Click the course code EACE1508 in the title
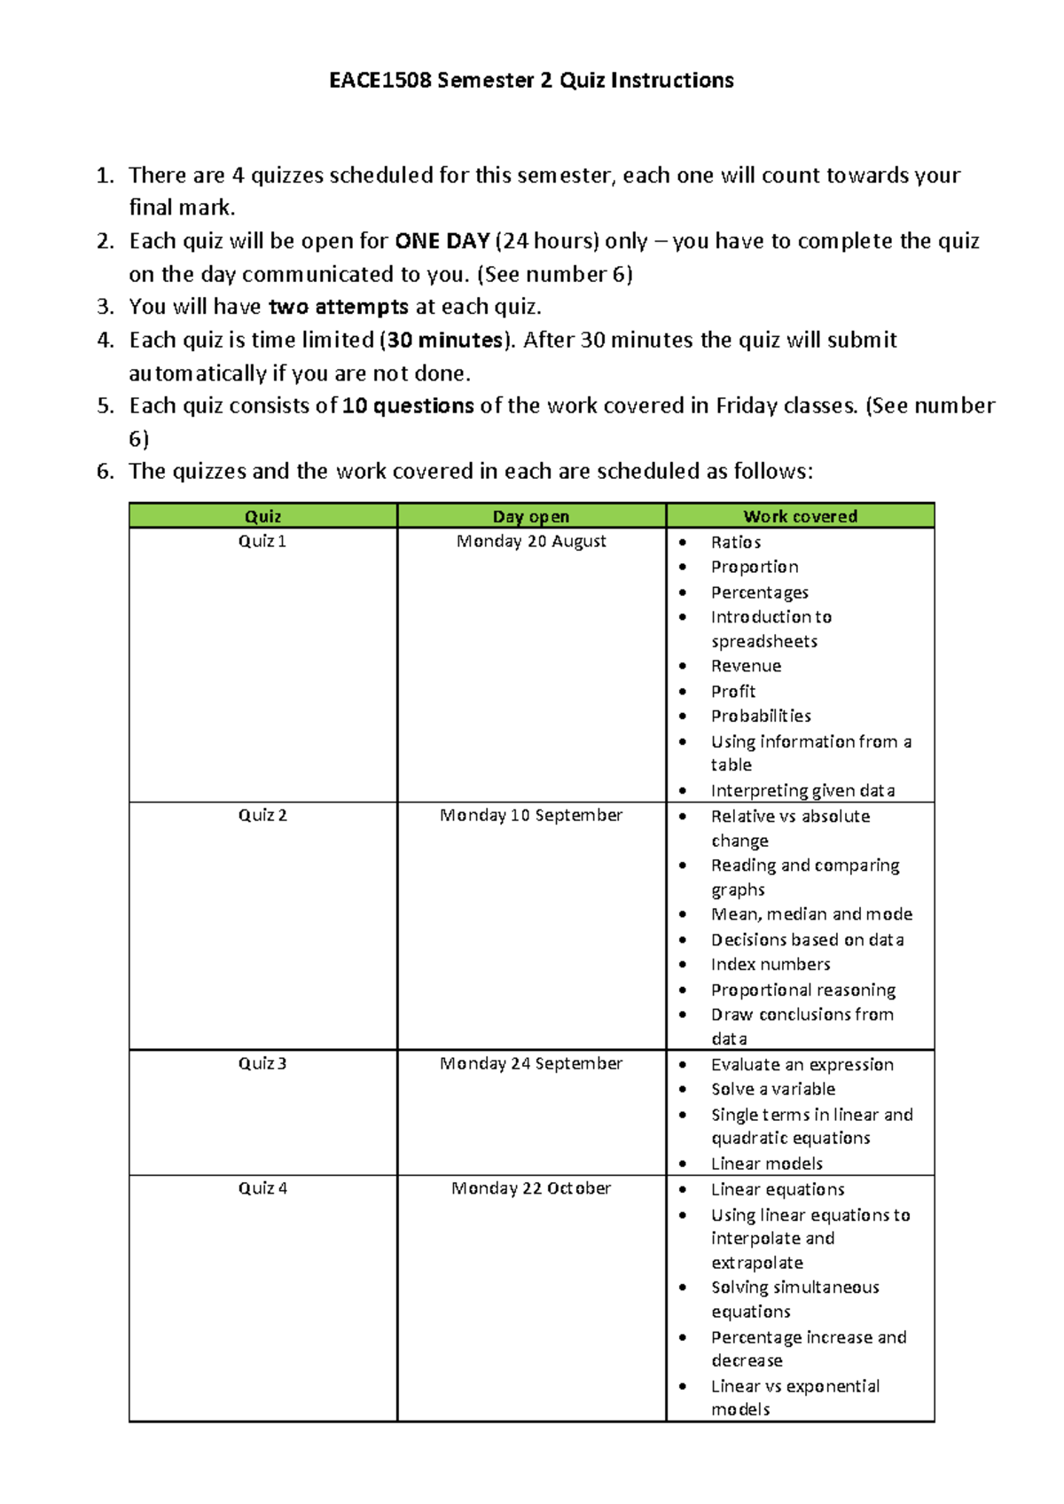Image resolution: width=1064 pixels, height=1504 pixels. click(380, 81)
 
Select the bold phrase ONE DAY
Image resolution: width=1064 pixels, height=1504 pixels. click(442, 241)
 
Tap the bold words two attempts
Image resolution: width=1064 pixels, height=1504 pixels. click(338, 307)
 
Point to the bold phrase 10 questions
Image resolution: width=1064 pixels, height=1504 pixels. click(408, 406)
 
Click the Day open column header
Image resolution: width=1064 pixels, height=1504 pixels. click(531, 516)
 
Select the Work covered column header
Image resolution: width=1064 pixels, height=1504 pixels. click(800, 516)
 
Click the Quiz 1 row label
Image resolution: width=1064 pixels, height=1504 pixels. click(262, 541)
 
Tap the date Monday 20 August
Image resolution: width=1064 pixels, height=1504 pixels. click(531, 541)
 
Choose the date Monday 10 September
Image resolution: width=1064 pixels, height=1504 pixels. click(531, 815)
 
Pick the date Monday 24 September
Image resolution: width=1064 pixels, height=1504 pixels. click(531, 1063)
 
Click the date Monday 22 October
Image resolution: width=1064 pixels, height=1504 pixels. click(531, 1188)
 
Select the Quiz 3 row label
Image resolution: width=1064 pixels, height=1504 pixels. click(262, 1063)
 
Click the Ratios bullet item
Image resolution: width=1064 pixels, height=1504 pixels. click(735, 542)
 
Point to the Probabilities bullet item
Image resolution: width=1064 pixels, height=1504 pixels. click(761, 716)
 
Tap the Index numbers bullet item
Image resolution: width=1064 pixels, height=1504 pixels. click(771, 964)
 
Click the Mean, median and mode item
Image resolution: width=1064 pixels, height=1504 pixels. click(811, 914)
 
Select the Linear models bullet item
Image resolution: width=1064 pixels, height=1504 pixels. click(766, 1163)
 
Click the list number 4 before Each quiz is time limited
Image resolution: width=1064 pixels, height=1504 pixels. click(106, 340)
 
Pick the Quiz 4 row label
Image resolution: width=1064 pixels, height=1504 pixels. click(262, 1188)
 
